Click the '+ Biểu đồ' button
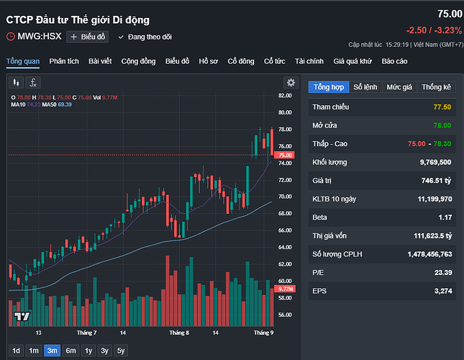87,36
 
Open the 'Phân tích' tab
64,61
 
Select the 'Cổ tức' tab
273,61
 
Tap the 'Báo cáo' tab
394,61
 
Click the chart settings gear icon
290,83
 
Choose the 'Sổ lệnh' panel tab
365,87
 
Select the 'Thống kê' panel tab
437,87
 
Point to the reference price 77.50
442,107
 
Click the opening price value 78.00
442,125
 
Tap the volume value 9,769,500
432,162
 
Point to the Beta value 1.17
445,217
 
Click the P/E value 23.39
441,272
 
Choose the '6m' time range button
70,351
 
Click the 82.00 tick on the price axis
285,95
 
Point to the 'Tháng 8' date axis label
179,333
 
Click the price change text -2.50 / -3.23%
432,30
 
